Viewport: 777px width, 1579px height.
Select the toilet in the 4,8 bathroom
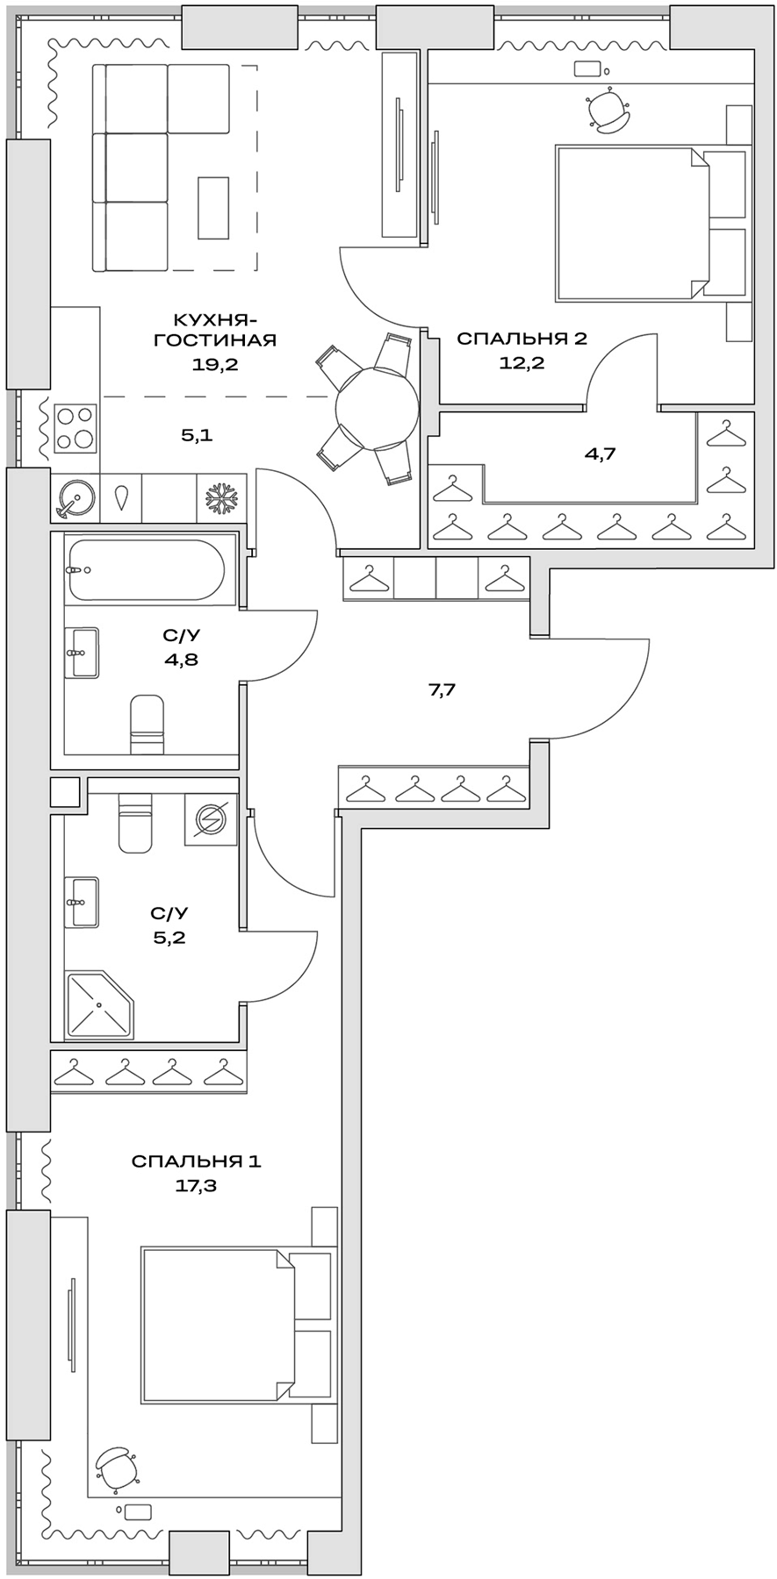(x=147, y=725)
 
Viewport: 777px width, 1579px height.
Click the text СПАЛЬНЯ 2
(x=521, y=339)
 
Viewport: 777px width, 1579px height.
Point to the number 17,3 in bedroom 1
(x=196, y=1186)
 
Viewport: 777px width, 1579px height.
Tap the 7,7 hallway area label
(x=442, y=690)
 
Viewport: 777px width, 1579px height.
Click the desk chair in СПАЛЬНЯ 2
(x=607, y=111)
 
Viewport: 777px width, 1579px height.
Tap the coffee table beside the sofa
(x=213, y=204)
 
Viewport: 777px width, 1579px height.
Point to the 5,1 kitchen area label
(x=198, y=434)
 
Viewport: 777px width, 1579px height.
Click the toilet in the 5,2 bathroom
(x=134, y=824)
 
